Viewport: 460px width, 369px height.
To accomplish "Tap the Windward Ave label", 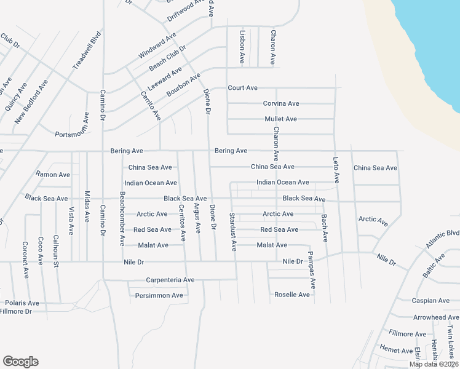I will pos(157,46).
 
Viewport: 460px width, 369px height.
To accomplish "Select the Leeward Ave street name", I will pos(165,79).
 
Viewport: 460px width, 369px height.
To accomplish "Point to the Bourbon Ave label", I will pos(184,85).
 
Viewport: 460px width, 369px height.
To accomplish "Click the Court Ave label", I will pos(242,88).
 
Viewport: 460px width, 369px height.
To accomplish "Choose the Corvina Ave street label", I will pos(281,103).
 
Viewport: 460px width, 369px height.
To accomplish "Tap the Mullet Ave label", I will pos(280,119).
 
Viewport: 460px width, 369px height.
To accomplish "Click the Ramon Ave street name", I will pos(53,175).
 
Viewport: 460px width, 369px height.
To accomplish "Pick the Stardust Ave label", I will pos(233,232).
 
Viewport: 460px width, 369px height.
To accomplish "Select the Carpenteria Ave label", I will pos(170,280).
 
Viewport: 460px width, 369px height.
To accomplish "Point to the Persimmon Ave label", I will pos(159,295).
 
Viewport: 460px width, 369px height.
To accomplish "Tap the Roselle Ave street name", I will pos(291,295).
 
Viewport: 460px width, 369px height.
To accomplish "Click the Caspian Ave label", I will pos(431,301).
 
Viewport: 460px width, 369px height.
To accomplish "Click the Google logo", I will pos(20,362).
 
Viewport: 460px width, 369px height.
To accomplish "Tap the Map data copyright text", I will pos(434,364).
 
